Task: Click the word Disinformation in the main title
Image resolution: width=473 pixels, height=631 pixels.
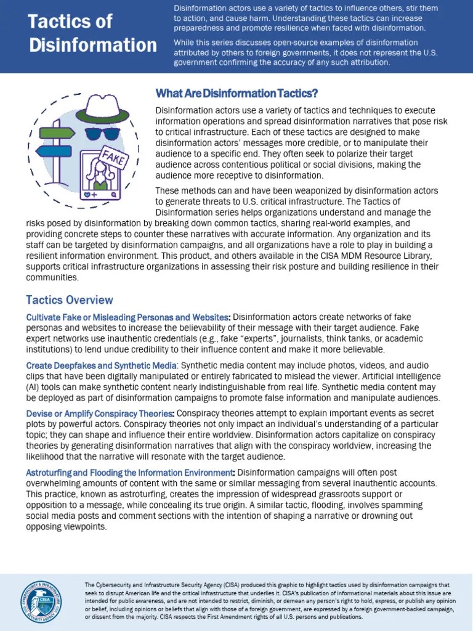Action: pyautogui.click(x=92, y=45)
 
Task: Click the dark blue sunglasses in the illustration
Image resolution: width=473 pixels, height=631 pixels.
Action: pyautogui.click(x=102, y=132)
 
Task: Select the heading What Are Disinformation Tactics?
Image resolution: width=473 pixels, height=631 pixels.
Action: pyautogui.click(x=236, y=94)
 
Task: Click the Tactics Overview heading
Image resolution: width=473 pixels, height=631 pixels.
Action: pyautogui.click(x=70, y=300)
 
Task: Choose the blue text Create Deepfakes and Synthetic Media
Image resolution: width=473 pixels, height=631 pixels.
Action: pyautogui.click(x=101, y=365)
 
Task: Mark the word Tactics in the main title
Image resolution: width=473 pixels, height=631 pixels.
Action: pyautogui.click(x=70, y=22)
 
